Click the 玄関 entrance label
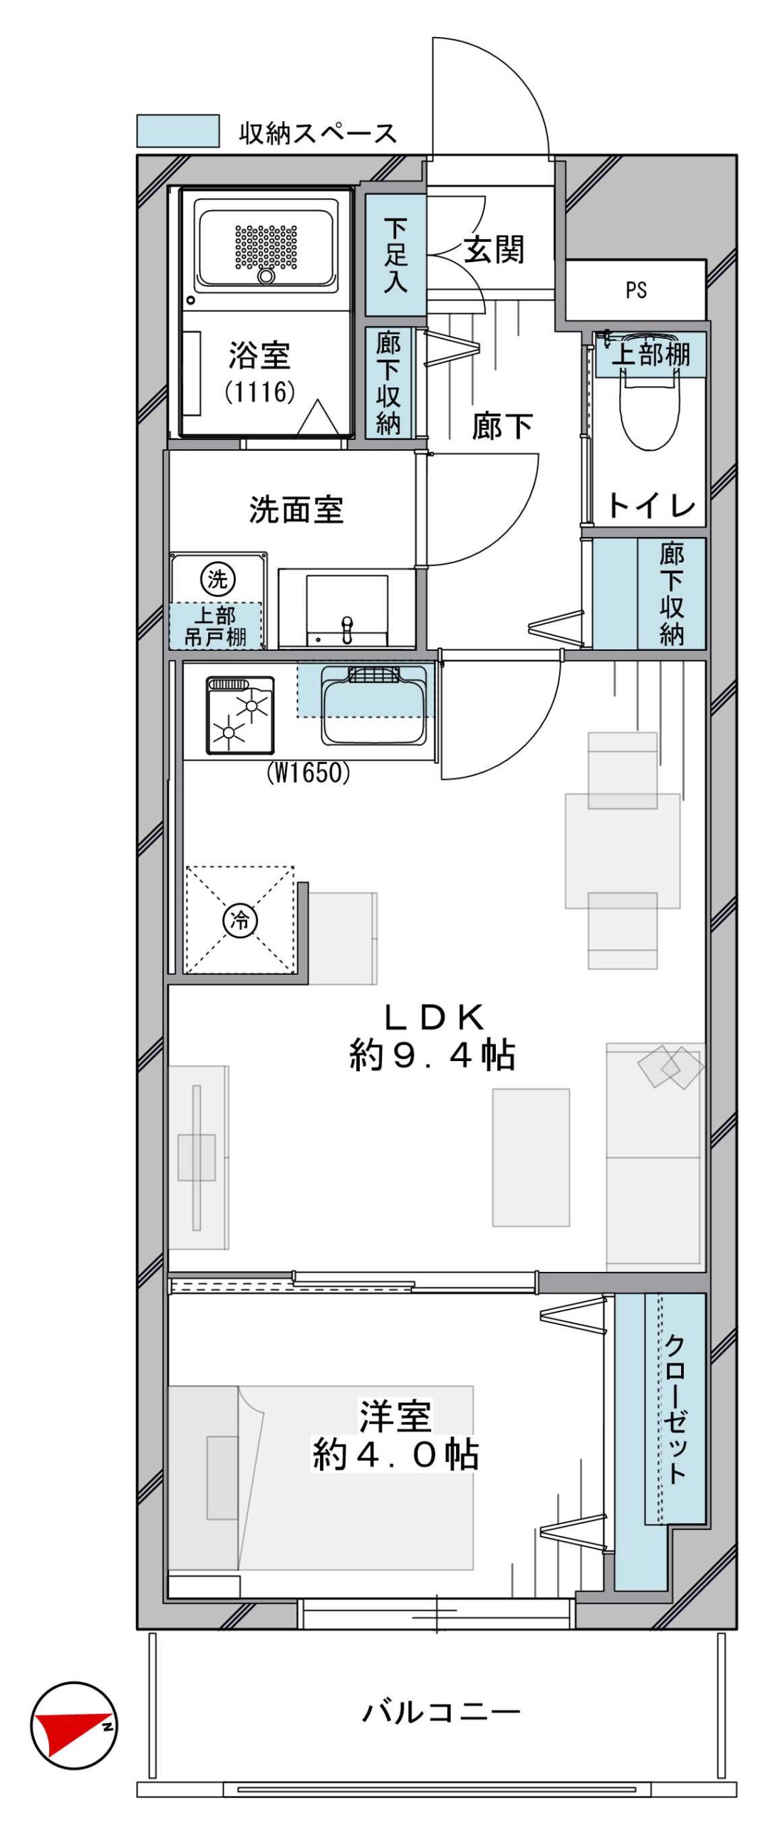point(494,249)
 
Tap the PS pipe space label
point(636,290)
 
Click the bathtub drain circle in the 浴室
point(266,276)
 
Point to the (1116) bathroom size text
point(259,392)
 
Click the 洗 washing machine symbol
point(217,578)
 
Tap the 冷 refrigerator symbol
point(239,920)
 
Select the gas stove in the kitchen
point(240,715)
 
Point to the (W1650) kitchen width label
point(308,773)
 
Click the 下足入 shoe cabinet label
point(395,256)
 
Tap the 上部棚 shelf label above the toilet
point(650,354)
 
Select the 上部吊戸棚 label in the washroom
point(216,626)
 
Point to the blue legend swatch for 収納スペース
point(177,131)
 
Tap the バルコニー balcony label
point(441,1713)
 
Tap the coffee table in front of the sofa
point(531,1157)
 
